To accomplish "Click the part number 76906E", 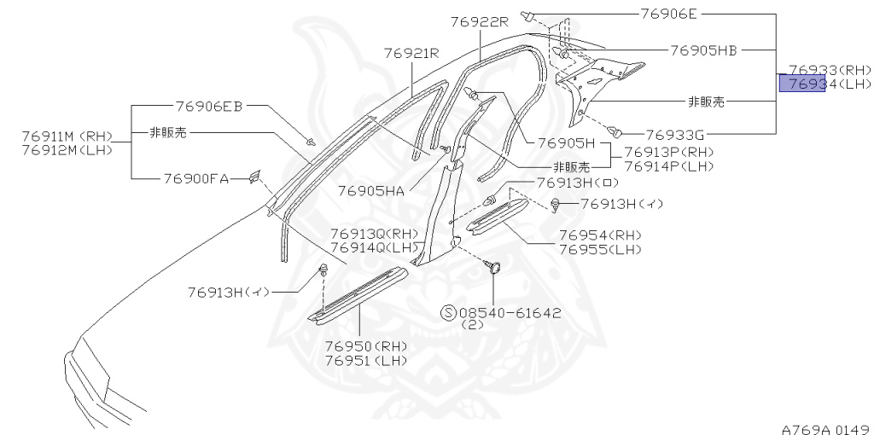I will [667, 14].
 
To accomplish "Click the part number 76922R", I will [479, 22].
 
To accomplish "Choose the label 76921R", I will [411, 52].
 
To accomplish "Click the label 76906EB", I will [209, 106].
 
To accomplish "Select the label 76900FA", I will [196, 178].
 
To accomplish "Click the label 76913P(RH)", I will [669, 152].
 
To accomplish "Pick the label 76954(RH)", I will [600, 235].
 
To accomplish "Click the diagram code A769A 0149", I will [824, 427].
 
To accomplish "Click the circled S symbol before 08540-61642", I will [449, 313].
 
